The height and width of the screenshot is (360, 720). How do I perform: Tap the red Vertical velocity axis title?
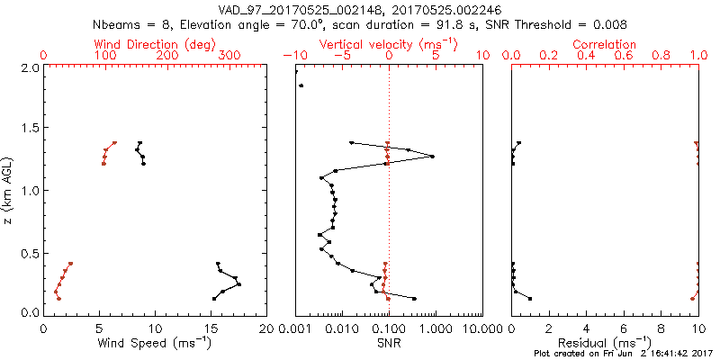tap(389, 44)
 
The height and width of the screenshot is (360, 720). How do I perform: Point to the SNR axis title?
tap(389, 344)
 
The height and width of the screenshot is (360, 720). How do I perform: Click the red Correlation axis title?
tap(605, 44)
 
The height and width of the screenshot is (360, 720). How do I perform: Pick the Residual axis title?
tap(605, 344)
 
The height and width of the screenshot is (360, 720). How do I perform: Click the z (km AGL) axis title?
tap(9, 191)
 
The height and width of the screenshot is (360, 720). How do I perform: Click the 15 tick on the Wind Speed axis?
tap(211, 329)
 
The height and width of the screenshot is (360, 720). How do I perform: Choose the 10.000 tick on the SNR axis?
tap(482, 329)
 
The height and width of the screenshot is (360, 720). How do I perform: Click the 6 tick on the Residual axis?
tap(624, 329)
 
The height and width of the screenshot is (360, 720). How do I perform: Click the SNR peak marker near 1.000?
tap(432, 157)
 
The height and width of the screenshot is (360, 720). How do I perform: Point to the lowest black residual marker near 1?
tap(530, 299)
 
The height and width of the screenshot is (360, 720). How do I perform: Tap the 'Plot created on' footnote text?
tap(623, 355)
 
